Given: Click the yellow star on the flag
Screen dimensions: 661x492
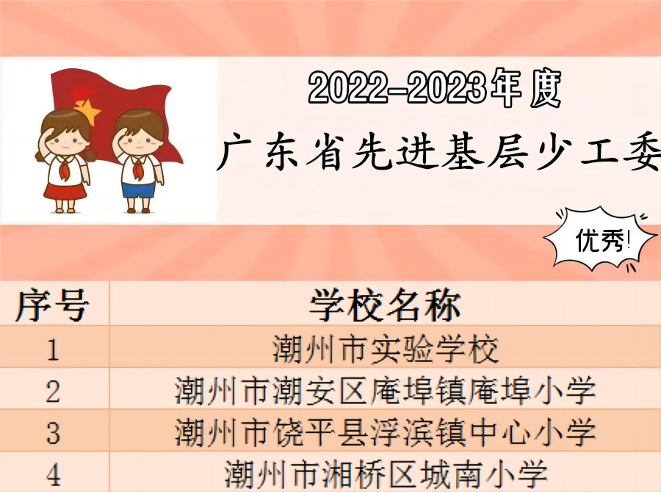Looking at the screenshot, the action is [x=87, y=112].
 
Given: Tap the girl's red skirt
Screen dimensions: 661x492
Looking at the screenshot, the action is [x=65, y=191].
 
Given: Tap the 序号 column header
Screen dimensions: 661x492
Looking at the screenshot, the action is [x=52, y=305].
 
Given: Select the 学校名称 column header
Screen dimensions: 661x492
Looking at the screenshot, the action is [x=385, y=305].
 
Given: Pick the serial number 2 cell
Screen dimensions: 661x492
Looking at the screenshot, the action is [x=53, y=391].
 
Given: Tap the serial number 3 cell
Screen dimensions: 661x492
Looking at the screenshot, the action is [x=53, y=433].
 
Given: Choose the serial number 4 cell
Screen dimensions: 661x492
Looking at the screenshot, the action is [x=53, y=474].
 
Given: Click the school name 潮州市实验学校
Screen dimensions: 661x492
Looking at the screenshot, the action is [x=385, y=350].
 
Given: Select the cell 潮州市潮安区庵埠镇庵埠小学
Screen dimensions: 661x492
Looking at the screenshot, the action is [x=385, y=391].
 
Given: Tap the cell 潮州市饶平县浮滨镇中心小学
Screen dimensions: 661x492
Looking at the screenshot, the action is [x=385, y=432].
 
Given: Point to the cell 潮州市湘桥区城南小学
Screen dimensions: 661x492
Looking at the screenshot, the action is [x=385, y=474].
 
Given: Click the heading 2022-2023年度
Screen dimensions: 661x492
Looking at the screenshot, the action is [x=435, y=88].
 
